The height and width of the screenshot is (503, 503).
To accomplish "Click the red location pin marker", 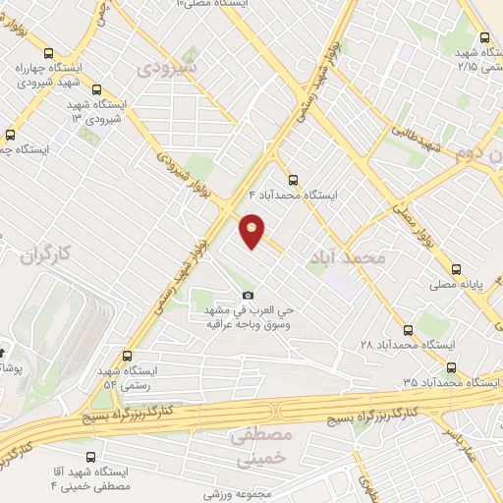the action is coord(253,230).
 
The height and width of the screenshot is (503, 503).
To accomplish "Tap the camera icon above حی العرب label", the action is coord(248,295).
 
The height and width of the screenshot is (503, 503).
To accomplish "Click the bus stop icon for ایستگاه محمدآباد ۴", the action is coord(292,179).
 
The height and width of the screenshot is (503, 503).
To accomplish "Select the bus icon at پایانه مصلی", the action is coord(456,269).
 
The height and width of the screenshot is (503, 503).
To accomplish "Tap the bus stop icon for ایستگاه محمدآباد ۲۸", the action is coord(408,330).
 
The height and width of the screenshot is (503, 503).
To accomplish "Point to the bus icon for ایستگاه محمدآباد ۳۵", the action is coord(451,367).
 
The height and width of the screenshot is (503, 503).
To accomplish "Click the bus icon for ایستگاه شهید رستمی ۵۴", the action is coord(126,357).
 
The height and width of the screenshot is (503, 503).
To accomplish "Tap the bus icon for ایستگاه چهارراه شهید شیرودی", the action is coord(48,53).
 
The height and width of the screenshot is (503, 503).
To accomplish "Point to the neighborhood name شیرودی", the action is coord(168,69).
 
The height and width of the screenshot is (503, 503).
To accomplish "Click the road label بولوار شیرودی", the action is coord(182,173).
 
